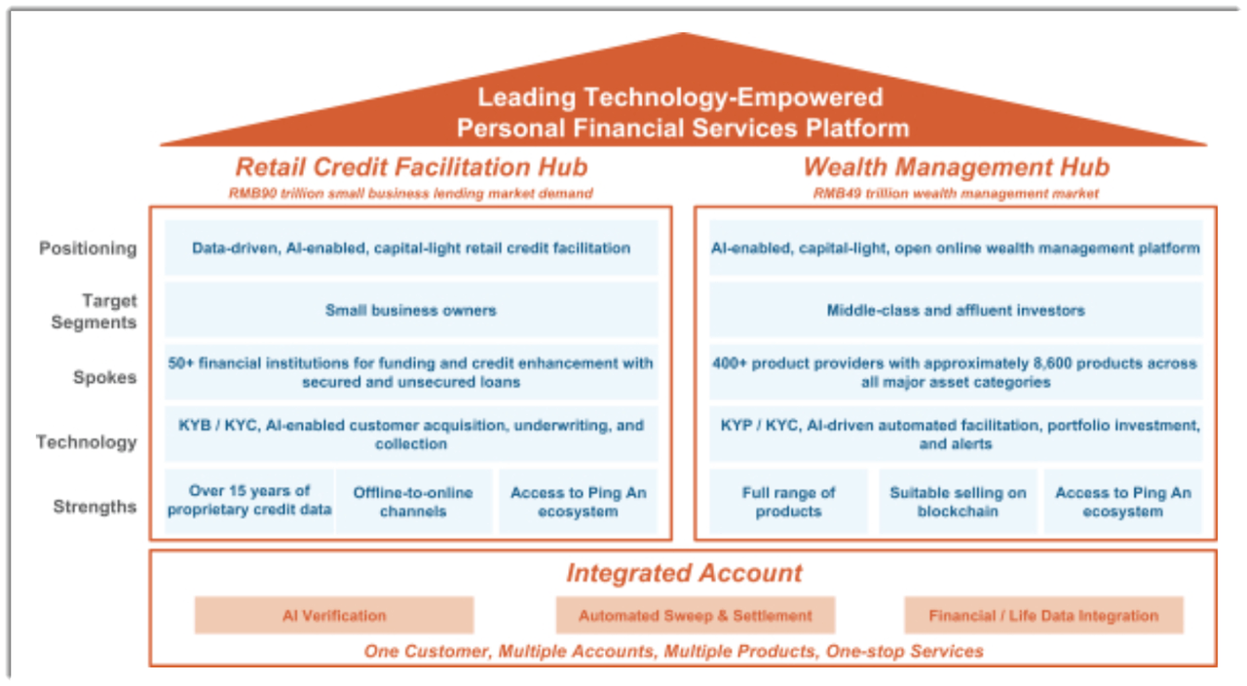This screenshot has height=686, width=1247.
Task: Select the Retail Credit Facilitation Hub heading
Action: [411, 167]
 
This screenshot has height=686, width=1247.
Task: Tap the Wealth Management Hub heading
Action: [957, 167]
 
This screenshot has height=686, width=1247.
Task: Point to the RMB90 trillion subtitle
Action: [411, 193]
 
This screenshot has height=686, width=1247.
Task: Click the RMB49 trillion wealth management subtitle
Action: [956, 193]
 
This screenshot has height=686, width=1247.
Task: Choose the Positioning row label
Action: [88, 248]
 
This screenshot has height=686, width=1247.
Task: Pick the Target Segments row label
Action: [94, 311]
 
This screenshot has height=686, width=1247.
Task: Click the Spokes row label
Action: [105, 377]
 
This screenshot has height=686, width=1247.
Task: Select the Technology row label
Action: [87, 442]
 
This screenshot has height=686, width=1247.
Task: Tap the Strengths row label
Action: [95, 507]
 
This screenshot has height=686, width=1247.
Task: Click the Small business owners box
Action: [411, 310]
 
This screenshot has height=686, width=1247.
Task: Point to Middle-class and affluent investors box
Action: [956, 310]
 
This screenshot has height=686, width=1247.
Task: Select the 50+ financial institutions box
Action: [411, 372]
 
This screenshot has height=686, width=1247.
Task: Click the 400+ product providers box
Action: [956, 372]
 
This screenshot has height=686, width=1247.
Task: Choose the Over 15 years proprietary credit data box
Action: [249, 501]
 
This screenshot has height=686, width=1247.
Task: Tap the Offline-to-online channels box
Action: [414, 501]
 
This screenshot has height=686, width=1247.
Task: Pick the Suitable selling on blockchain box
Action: [958, 501]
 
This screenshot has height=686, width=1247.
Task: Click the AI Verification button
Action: [334, 615]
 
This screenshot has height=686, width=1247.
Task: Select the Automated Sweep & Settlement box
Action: [696, 615]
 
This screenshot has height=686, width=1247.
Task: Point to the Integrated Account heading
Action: [684, 573]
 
